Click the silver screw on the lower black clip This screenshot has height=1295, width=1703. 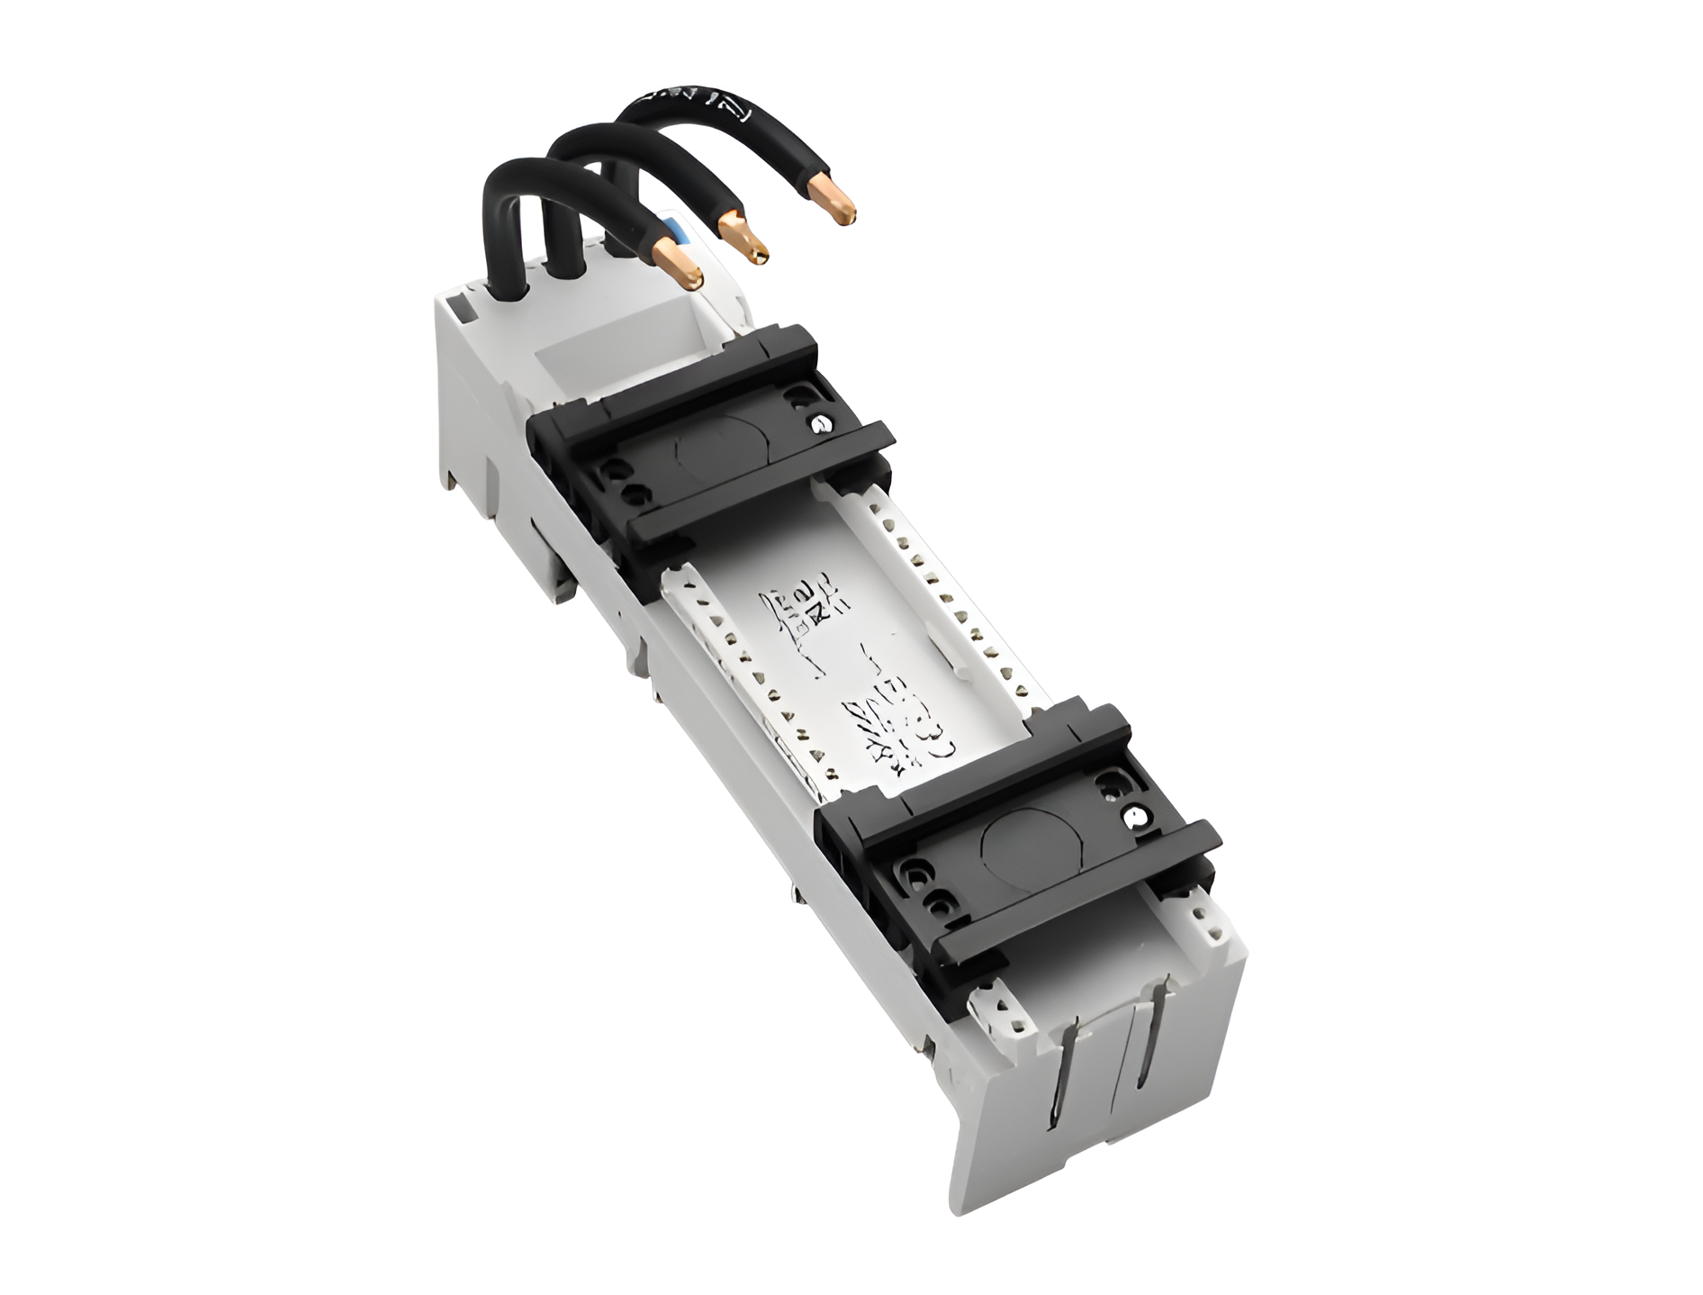point(1136,817)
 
